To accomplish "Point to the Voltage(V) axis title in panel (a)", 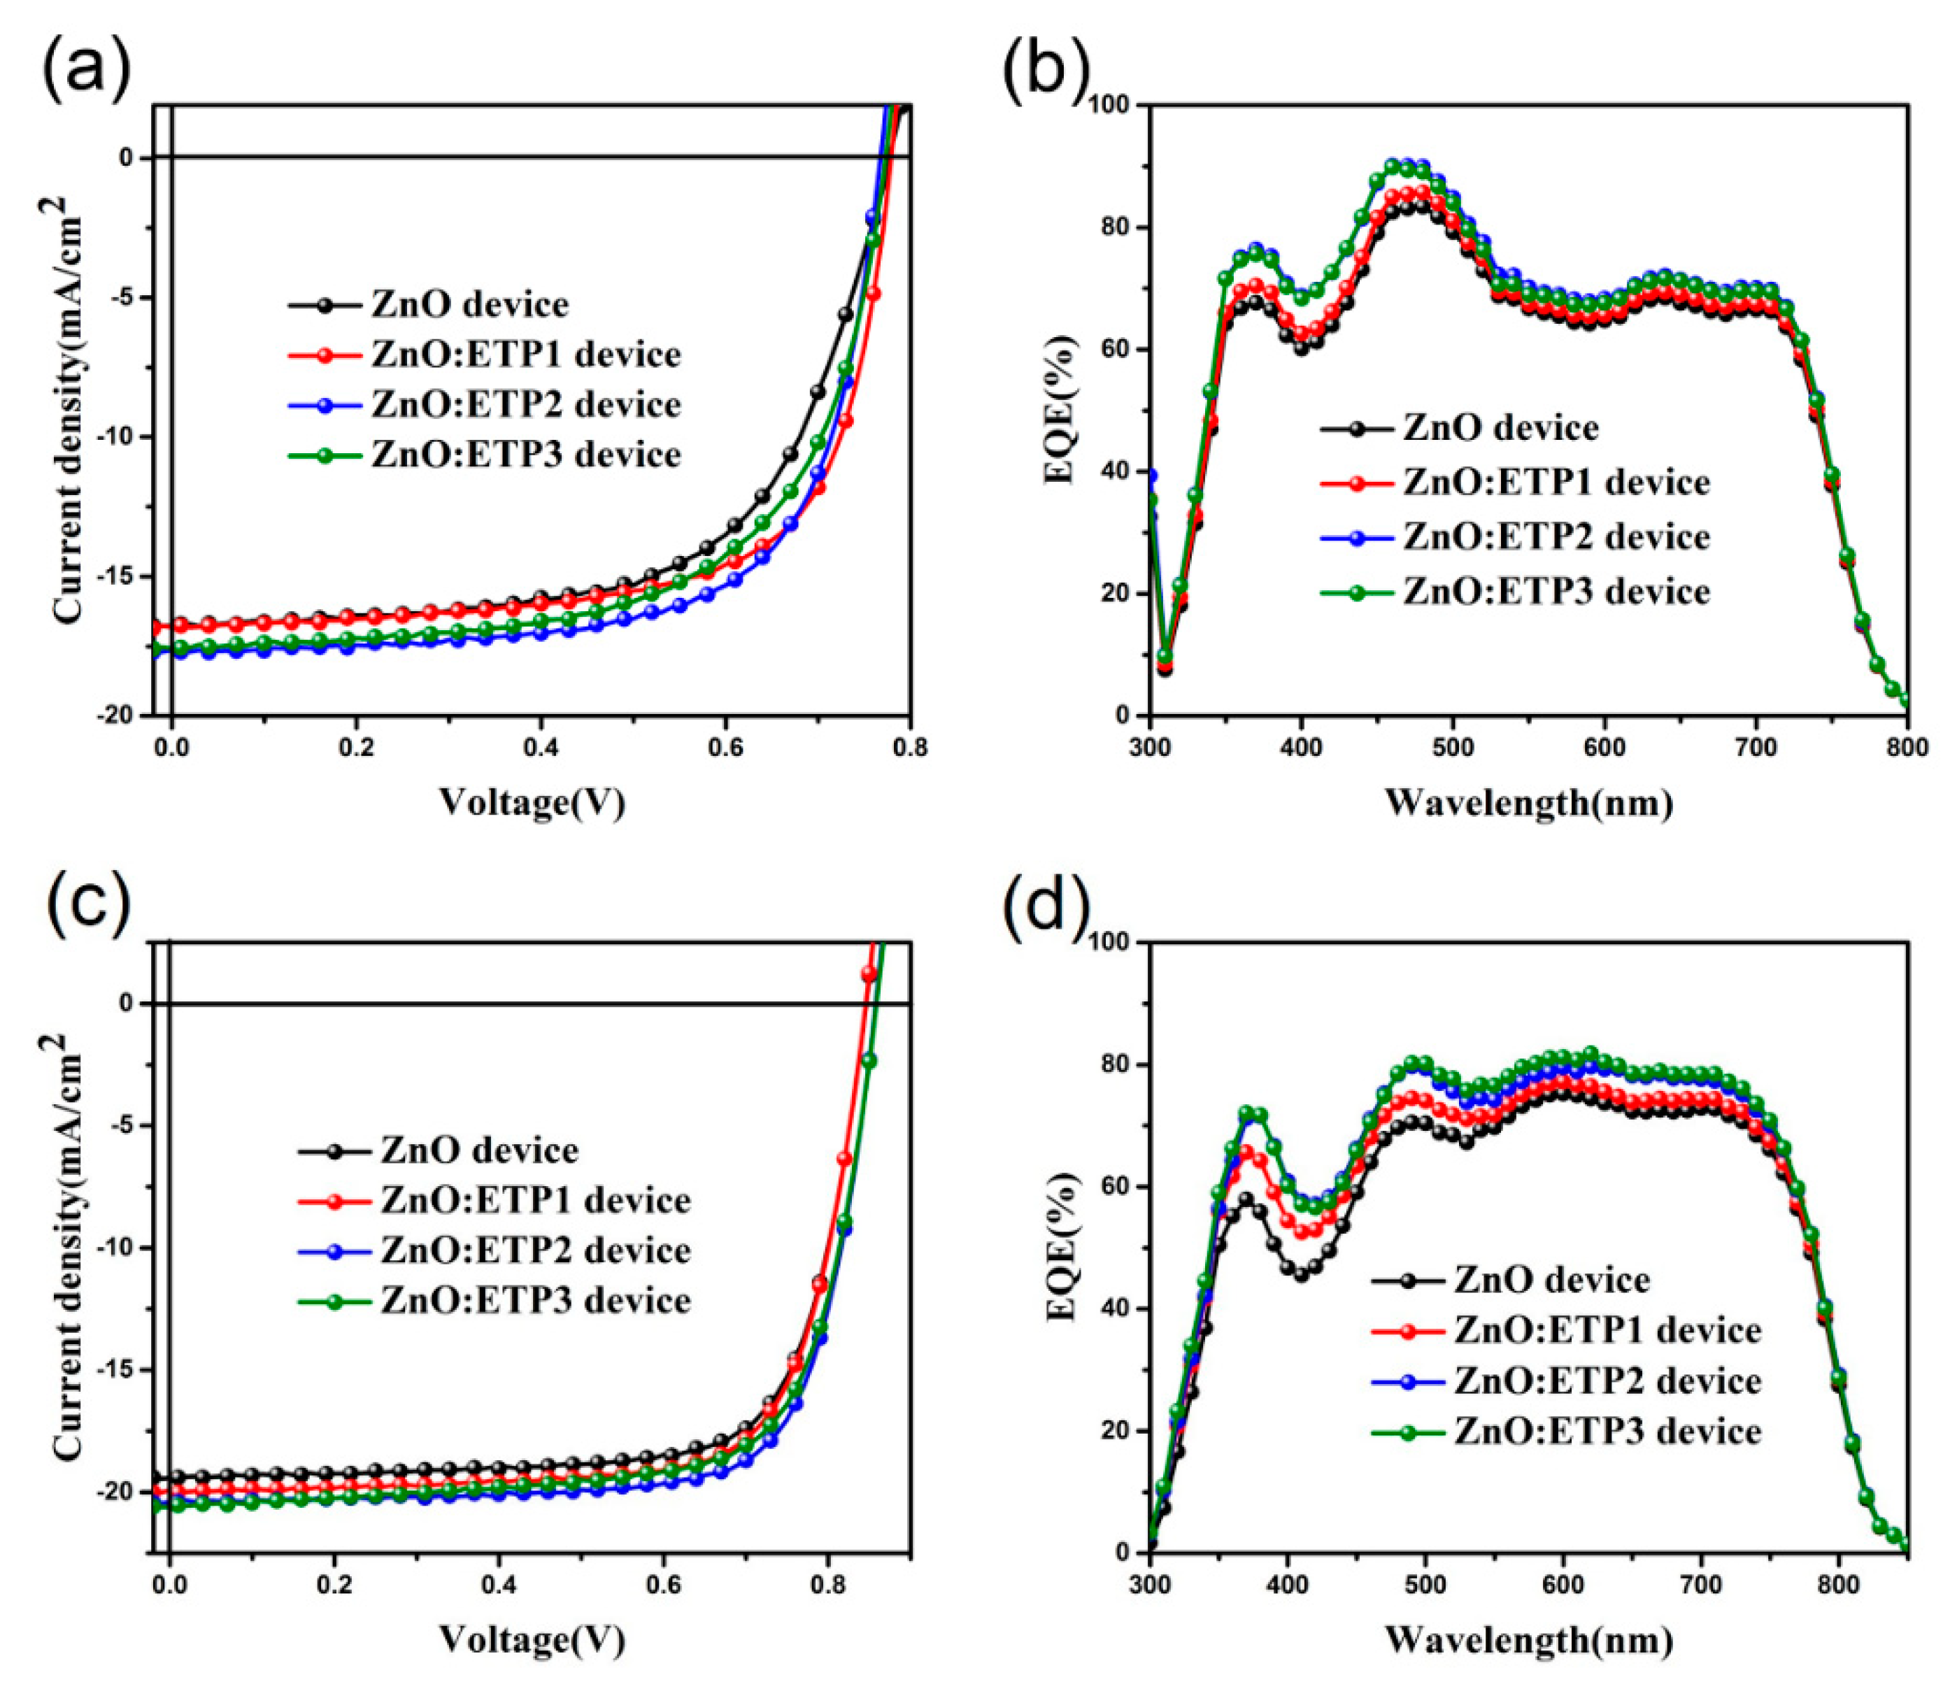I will point(532,803).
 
